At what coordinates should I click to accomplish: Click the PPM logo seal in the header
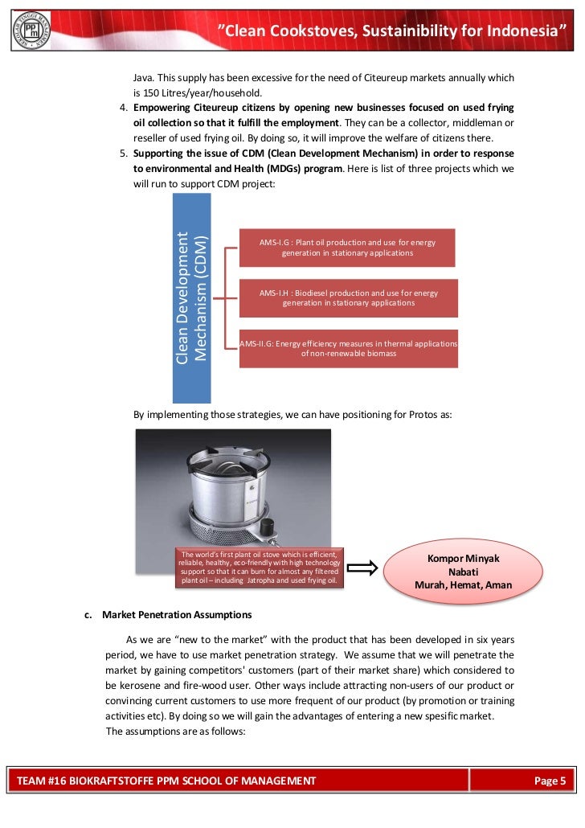point(31,31)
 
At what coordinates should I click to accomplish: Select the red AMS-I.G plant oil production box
point(348,248)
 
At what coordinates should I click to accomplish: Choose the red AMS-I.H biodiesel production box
point(348,298)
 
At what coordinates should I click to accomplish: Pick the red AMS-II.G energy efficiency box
point(348,348)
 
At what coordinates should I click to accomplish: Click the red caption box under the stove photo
point(260,568)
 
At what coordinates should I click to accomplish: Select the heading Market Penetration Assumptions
point(177,615)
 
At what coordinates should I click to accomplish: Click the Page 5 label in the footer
point(550,781)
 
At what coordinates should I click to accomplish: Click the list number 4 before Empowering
point(123,108)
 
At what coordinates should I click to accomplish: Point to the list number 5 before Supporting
point(123,154)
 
